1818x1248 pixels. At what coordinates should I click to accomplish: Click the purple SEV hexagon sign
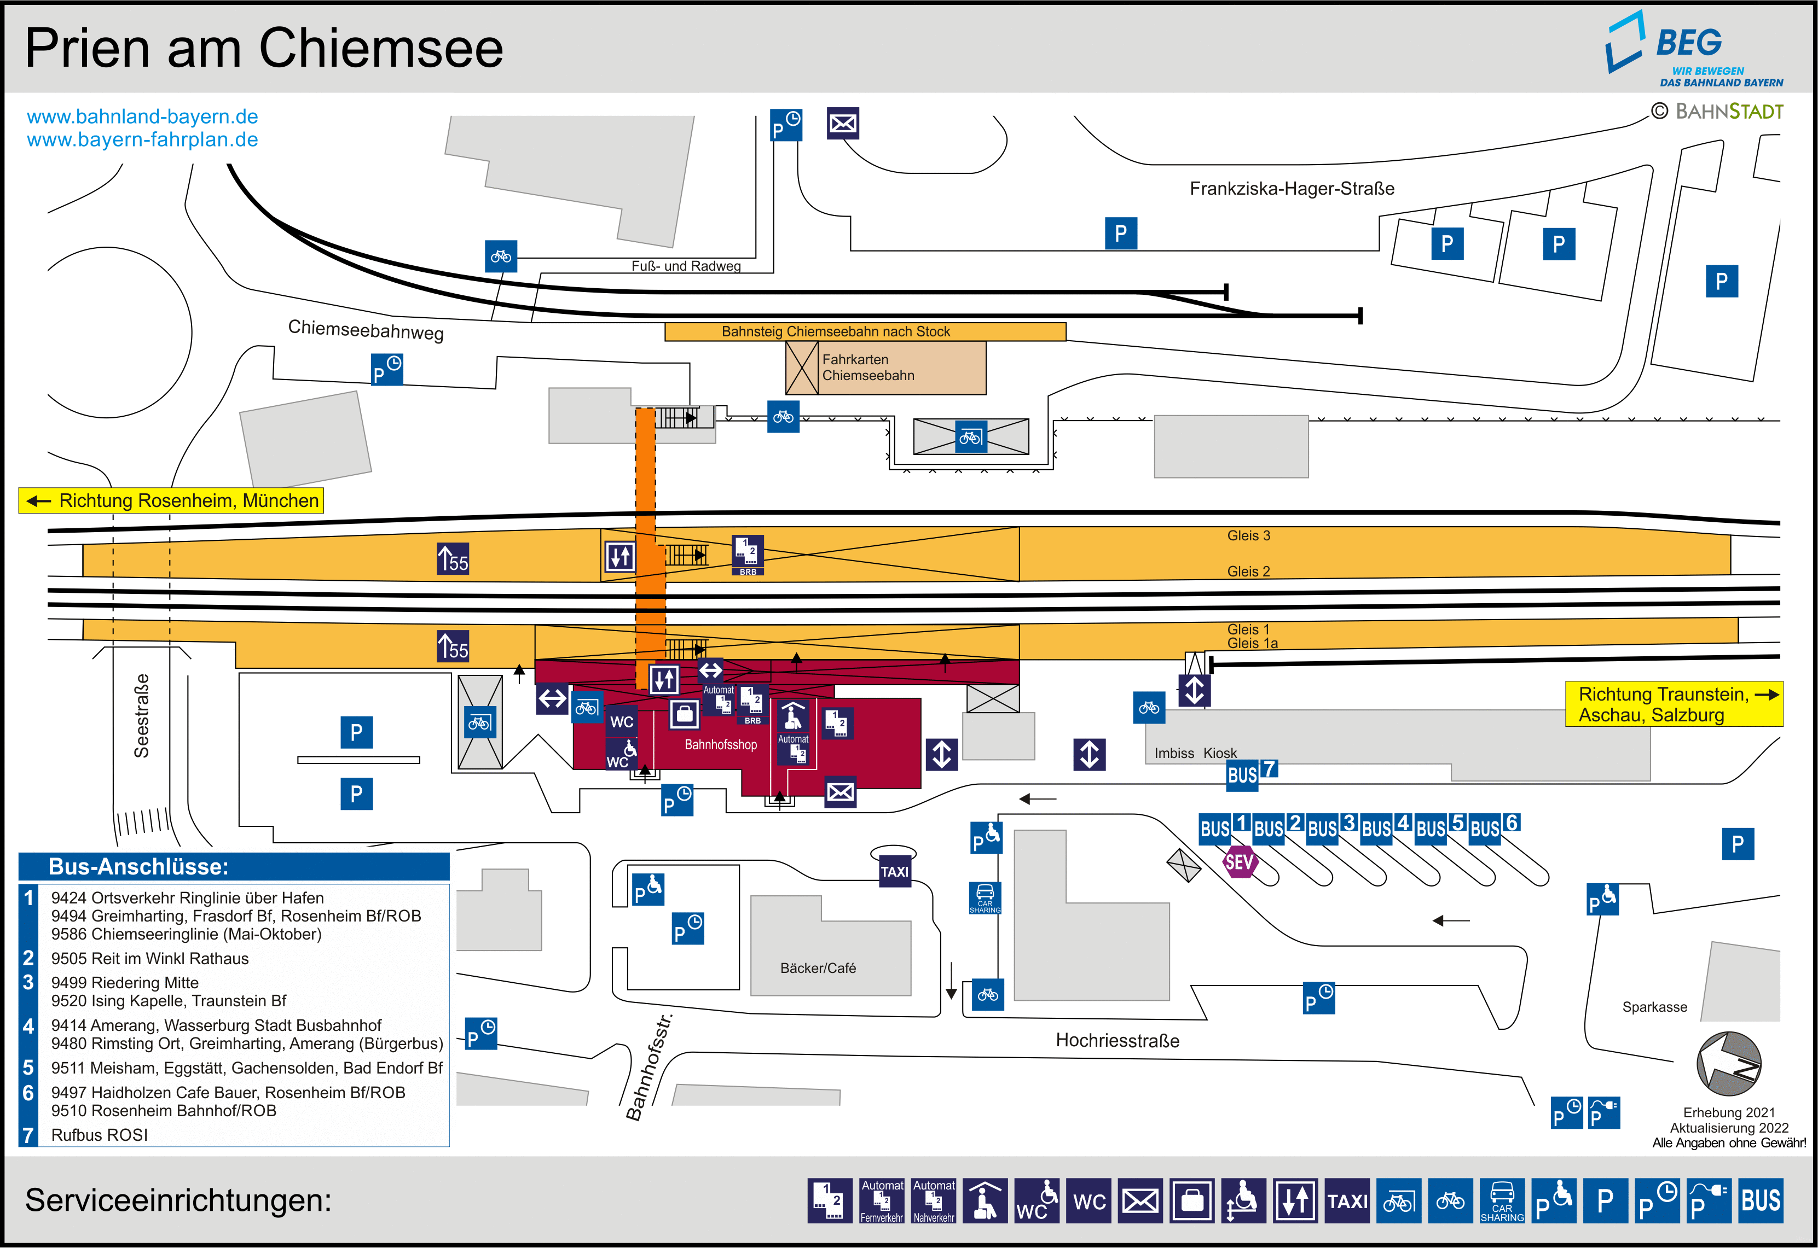(1239, 862)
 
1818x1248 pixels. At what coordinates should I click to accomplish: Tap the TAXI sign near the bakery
(894, 871)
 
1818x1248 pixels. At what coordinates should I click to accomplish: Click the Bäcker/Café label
(818, 968)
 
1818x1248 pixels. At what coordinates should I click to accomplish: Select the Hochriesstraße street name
(1117, 1040)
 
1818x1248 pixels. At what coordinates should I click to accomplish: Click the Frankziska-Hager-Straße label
(1292, 189)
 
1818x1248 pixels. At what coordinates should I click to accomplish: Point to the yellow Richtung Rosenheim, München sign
(171, 500)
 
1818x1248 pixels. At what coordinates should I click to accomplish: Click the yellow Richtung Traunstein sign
(1674, 704)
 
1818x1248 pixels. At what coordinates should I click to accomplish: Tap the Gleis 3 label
(1248, 535)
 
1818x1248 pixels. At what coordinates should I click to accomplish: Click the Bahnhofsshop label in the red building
(721, 744)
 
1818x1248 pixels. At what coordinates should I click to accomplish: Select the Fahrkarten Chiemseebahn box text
(867, 368)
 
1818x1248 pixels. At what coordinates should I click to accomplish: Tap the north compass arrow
(1729, 1064)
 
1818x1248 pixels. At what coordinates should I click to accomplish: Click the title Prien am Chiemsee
(264, 49)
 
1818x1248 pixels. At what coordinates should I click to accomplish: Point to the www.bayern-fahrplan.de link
(142, 140)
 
